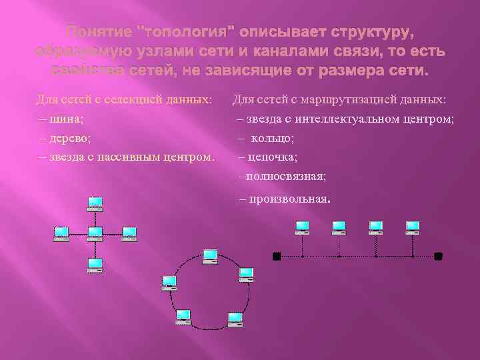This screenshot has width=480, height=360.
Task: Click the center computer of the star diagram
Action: pos(95,233)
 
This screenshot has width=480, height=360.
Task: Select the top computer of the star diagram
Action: pos(95,203)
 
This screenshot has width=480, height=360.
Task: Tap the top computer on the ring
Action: pos(210,255)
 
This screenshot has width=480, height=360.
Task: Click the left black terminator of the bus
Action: pos(277,255)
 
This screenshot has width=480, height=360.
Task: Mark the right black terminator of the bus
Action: pos(438,255)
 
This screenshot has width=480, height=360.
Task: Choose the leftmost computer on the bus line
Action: pos(303,228)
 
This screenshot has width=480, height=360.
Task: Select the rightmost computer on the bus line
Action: pos(413,228)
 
